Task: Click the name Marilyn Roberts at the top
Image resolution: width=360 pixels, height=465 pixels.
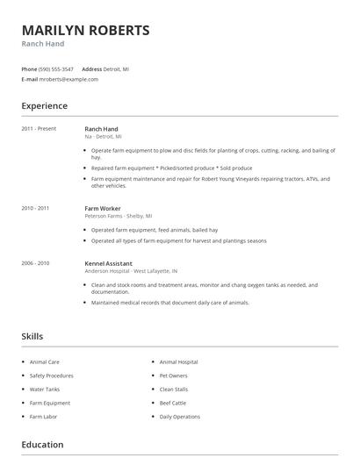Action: [85, 30]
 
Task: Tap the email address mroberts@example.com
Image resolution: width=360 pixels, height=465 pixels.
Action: [69, 79]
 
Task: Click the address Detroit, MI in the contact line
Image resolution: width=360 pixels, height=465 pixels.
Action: [118, 68]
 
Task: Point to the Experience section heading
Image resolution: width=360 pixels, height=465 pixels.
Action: [44, 106]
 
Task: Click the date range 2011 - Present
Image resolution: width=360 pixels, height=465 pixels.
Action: [39, 129]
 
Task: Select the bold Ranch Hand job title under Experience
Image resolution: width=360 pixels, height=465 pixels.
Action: [101, 129]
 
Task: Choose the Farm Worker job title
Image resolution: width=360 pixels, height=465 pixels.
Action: [103, 208]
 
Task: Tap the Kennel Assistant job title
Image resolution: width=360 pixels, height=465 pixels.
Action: [108, 262]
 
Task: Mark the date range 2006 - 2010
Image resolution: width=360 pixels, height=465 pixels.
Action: [35, 262]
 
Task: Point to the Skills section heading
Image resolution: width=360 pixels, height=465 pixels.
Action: [32, 336]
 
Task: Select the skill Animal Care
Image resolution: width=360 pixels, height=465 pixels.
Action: [45, 361]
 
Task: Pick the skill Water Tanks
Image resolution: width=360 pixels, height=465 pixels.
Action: [44, 389]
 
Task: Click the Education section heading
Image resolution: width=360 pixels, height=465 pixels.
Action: [43, 446]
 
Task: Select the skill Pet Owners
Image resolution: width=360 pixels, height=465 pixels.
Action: [173, 375]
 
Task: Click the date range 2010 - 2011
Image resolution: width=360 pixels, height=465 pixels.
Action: [35, 208]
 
